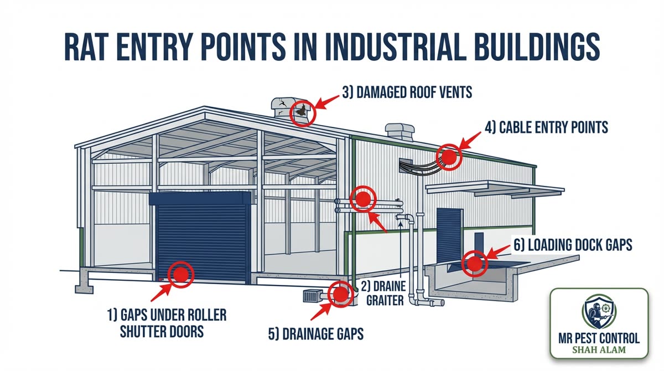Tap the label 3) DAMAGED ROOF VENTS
tap(407, 92)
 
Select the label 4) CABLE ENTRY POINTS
tap(546, 127)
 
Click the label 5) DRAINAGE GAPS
tap(315, 334)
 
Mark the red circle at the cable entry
tap(449, 157)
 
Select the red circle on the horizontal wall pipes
tap(362, 198)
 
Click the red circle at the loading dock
tap(474, 263)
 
